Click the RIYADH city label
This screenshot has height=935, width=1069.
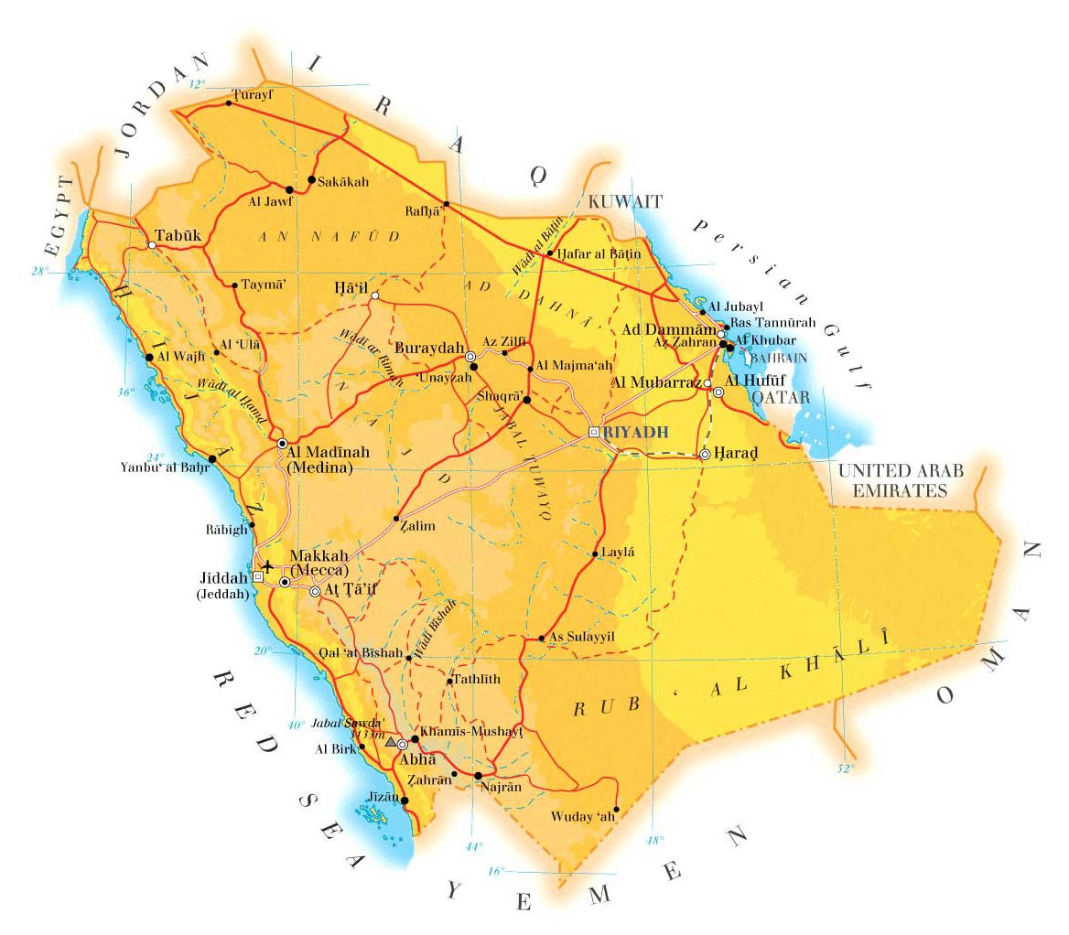pos(632,432)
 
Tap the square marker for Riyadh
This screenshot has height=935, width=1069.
pos(593,431)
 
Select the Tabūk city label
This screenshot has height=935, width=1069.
pos(178,235)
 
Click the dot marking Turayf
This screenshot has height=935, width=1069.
pos(228,102)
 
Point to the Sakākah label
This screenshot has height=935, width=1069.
pos(343,182)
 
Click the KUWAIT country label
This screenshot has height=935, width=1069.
pos(625,201)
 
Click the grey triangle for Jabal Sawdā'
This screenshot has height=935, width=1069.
pos(391,741)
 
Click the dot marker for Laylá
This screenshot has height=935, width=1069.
pos(594,553)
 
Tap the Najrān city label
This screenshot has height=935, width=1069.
pos(502,787)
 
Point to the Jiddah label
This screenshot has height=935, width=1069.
pos(223,578)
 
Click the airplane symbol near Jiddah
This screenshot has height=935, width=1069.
pos(267,564)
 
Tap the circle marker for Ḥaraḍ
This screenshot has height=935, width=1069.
pos(705,454)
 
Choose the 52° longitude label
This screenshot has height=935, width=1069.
pos(844,768)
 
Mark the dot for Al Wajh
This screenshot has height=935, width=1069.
pos(148,358)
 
